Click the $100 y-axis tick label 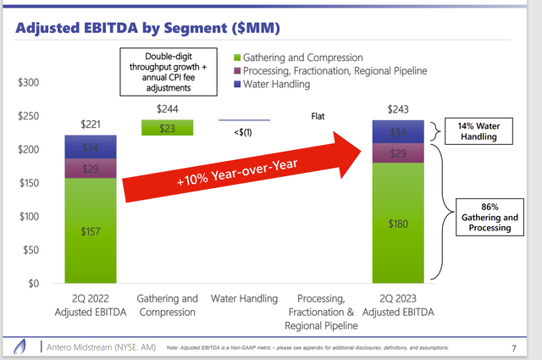point(29,217)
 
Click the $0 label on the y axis point(34,284)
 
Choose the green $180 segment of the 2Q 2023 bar point(399,224)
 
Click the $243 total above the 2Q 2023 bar point(399,110)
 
